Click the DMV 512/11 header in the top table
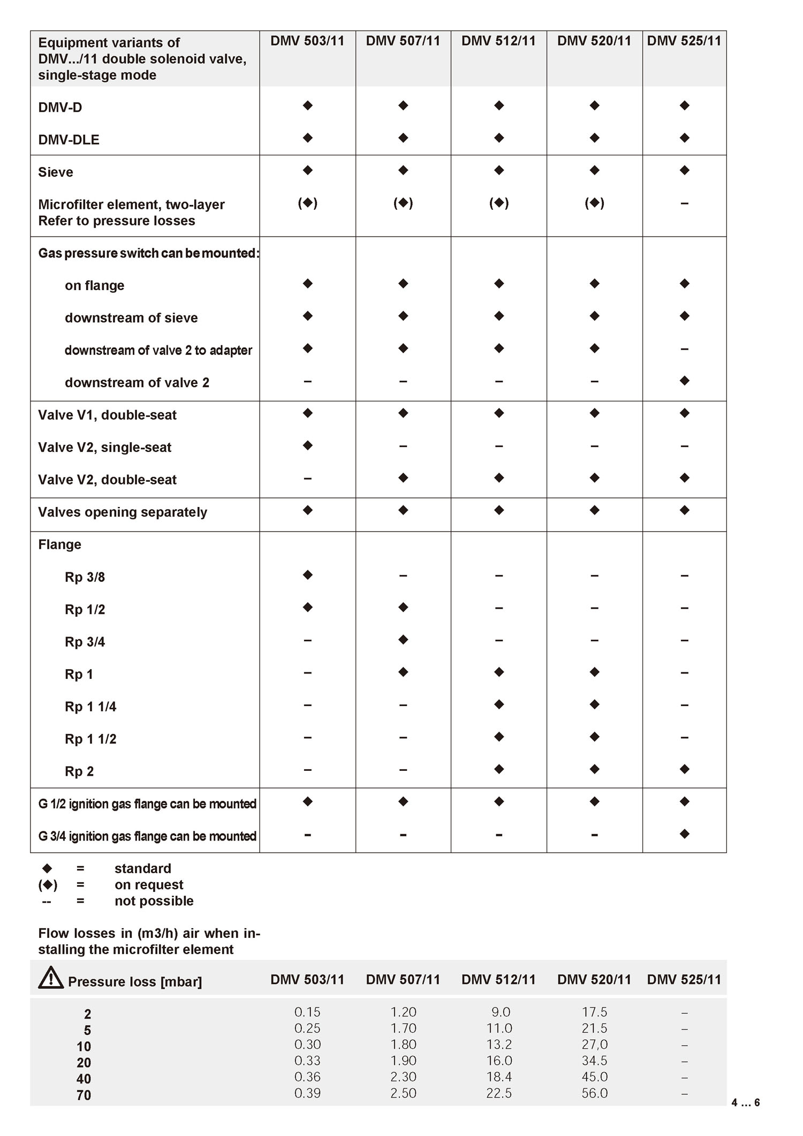(498, 41)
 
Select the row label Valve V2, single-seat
(104, 447)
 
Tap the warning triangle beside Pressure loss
(51, 978)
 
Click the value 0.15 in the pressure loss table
(307, 1012)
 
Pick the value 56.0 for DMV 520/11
(594, 1093)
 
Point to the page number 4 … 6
(745, 1102)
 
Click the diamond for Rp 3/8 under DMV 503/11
(307, 575)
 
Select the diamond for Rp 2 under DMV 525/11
(684, 769)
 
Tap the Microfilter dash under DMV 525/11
(684, 203)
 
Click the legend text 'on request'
(149, 884)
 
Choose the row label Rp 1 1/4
(90, 707)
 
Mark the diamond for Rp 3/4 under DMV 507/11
(403, 640)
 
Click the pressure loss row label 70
(84, 1095)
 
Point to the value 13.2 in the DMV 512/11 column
(499, 1044)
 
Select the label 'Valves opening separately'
(123, 512)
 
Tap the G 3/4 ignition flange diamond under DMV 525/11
(684, 834)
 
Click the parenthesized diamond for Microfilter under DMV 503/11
(307, 203)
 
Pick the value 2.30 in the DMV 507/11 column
(403, 1077)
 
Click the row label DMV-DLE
(69, 140)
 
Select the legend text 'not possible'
(154, 900)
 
